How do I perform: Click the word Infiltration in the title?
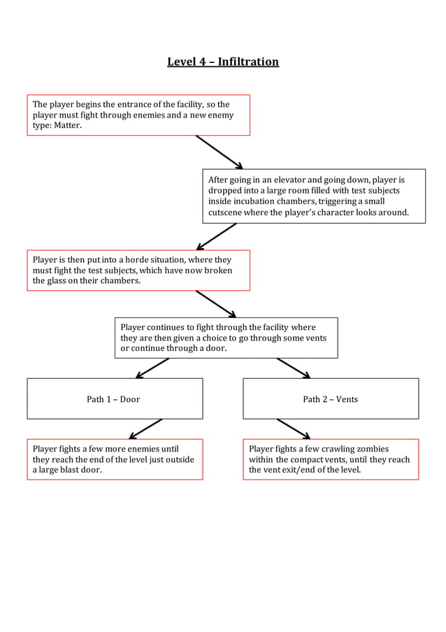248,62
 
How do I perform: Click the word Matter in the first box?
68,126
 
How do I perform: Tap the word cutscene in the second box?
227,212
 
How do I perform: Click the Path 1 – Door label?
113,399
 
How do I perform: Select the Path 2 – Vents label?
330,399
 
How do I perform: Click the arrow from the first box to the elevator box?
219,152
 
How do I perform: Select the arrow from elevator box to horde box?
217,236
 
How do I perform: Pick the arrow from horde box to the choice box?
215,303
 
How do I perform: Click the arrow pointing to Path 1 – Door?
152,368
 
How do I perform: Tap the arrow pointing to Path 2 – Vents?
293,368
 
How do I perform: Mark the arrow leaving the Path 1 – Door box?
147,429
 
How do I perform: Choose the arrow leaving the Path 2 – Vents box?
293,429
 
